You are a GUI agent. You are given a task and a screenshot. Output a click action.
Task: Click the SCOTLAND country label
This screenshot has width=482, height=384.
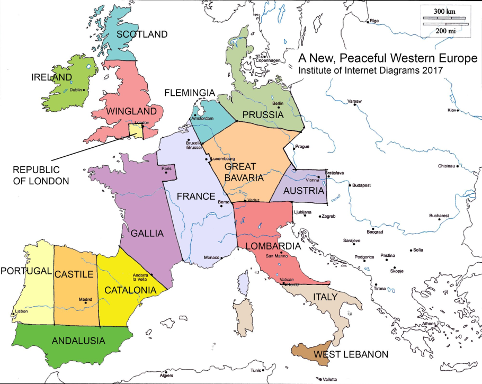click(x=141, y=34)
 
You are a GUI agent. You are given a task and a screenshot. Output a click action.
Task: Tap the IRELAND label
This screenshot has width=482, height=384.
click(x=51, y=77)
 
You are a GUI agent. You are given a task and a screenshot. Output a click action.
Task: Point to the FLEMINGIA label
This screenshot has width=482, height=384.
click(x=190, y=93)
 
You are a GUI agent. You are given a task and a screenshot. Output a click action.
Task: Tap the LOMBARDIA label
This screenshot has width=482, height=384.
click(x=273, y=246)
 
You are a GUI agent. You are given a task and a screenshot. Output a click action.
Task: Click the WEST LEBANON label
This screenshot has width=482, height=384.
click(x=351, y=354)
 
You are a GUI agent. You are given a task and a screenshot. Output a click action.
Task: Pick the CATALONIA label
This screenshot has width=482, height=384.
click(x=130, y=290)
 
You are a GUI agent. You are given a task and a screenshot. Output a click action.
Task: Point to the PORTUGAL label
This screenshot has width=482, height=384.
click(x=26, y=271)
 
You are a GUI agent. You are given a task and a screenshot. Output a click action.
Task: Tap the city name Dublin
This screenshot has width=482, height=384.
click(x=76, y=90)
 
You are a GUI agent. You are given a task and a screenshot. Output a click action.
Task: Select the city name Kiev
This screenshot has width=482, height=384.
click(x=452, y=110)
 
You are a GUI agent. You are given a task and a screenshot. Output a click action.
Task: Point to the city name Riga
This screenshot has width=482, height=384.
click(x=374, y=21)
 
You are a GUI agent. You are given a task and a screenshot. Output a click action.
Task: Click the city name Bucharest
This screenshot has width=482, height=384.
click(x=439, y=216)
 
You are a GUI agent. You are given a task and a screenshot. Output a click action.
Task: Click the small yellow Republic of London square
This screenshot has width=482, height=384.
click(x=136, y=131)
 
